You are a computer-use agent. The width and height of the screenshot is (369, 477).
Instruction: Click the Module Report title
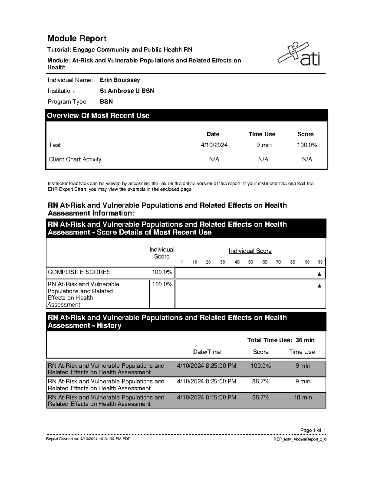click(x=77, y=38)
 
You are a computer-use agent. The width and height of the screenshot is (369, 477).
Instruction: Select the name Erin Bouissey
click(x=120, y=80)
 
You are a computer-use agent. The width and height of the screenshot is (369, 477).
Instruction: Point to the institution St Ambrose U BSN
click(x=127, y=91)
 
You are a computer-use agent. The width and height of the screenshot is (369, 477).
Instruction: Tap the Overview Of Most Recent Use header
click(x=98, y=116)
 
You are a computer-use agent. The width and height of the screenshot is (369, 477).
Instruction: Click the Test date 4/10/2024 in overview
click(x=214, y=145)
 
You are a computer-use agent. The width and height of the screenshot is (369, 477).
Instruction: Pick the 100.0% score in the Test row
click(x=307, y=145)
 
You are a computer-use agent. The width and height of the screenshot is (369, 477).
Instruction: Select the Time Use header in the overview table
click(x=262, y=134)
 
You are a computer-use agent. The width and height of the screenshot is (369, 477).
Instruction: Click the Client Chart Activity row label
click(x=75, y=159)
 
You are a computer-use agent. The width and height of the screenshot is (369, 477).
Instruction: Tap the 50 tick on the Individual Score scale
click(x=251, y=262)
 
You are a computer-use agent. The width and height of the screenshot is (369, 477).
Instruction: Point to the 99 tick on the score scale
click(x=320, y=262)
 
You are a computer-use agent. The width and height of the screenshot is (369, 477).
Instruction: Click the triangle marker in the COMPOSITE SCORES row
click(x=319, y=274)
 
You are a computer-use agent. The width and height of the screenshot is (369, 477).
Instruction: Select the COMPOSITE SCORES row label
click(x=79, y=272)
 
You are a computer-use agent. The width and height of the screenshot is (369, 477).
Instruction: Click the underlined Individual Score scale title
click(x=250, y=251)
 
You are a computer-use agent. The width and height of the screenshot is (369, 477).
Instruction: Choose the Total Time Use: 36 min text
click(x=281, y=340)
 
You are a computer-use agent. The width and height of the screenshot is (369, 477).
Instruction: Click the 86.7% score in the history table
click(x=260, y=381)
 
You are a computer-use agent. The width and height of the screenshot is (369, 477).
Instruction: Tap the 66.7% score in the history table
click(x=260, y=397)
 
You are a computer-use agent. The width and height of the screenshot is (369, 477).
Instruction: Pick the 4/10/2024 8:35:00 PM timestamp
click(x=207, y=366)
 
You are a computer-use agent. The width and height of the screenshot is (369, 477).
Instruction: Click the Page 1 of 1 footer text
click(x=312, y=430)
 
